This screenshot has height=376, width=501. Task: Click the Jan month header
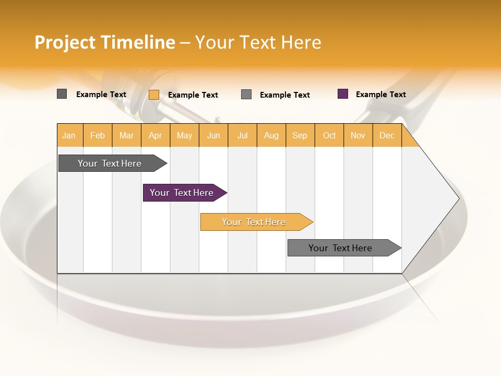[69, 135]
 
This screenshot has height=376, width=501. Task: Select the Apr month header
[156, 135]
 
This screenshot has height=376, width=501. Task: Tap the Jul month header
[242, 135]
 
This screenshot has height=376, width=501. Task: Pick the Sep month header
[300, 135]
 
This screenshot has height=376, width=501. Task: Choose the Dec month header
[387, 135]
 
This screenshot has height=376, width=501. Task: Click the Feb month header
[98, 135]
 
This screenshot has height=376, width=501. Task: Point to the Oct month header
[329, 135]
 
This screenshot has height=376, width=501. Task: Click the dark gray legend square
[62, 94]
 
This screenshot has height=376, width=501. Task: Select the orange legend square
[154, 95]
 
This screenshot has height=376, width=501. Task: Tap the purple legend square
[343, 94]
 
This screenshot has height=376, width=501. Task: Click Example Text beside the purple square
[380, 95]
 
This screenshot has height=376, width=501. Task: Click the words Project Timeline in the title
[104, 42]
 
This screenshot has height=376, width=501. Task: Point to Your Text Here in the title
[258, 42]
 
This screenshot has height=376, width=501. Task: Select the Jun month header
[213, 135]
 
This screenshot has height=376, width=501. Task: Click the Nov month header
[358, 135]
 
